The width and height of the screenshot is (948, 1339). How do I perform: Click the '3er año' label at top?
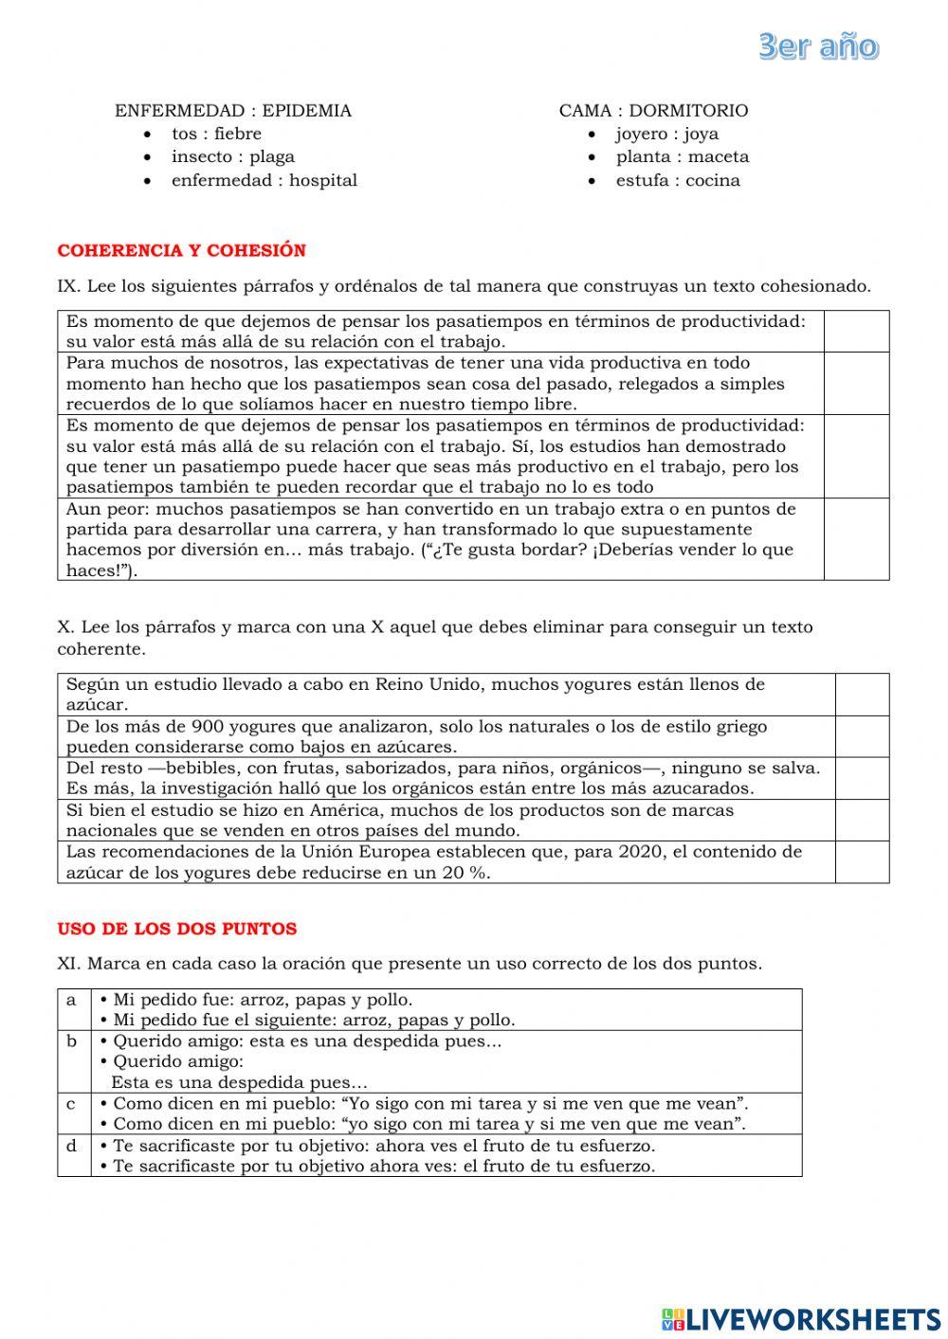click(x=818, y=46)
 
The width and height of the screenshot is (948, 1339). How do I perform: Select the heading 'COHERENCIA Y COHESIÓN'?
click(x=182, y=251)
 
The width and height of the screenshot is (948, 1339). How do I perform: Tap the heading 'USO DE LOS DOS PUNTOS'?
click(x=177, y=930)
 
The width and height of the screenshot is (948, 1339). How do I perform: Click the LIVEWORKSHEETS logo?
click(x=801, y=1318)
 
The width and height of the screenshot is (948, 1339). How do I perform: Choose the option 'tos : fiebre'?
click(x=216, y=134)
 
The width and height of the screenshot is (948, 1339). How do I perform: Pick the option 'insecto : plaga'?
click(x=232, y=156)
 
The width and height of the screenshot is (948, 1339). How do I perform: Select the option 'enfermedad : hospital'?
click(x=264, y=180)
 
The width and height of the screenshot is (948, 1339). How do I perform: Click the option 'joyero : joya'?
click(x=666, y=134)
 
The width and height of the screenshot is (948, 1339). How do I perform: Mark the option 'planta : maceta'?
click(x=682, y=156)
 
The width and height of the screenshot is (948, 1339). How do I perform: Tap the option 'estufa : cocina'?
click(x=678, y=180)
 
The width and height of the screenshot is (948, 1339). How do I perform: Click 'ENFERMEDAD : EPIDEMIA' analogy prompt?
click(x=233, y=111)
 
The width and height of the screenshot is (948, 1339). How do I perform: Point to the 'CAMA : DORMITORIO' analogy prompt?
click(x=653, y=111)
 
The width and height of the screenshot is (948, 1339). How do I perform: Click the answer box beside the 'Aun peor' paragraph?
click(x=856, y=538)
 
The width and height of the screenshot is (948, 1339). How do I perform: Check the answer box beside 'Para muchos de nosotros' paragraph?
click(x=856, y=383)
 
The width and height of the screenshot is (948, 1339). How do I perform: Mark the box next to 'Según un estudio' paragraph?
click(x=862, y=694)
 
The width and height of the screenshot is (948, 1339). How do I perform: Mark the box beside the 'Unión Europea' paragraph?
click(x=862, y=861)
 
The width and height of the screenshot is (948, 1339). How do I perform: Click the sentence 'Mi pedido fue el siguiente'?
click(x=314, y=1021)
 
